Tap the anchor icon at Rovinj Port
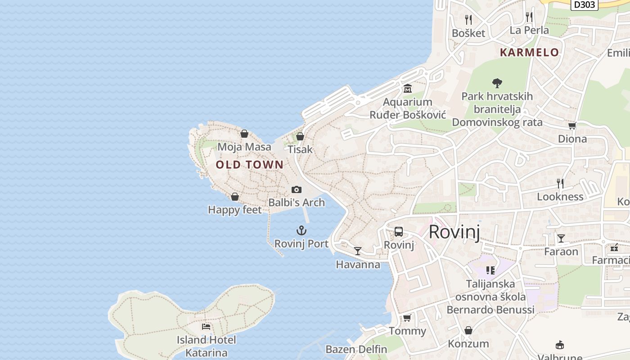point(301,231)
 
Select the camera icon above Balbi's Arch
point(296,190)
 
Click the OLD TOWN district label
point(250,165)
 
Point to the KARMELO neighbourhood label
point(529,52)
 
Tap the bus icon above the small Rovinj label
point(398,232)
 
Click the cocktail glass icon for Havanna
point(358,251)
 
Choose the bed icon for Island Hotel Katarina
point(206,327)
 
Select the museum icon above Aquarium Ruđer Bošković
point(408,88)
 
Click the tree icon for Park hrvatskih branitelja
point(497,83)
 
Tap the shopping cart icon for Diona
point(572,126)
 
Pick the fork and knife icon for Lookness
point(560,183)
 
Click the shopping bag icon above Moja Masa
point(244,134)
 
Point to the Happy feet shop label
point(234,210)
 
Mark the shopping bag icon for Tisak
point(300,136)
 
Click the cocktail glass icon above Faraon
point(561,238)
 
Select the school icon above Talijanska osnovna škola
point(490,270)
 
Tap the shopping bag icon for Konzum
point(468,331)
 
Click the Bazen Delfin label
point(356,349)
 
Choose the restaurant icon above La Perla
point(529,17)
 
